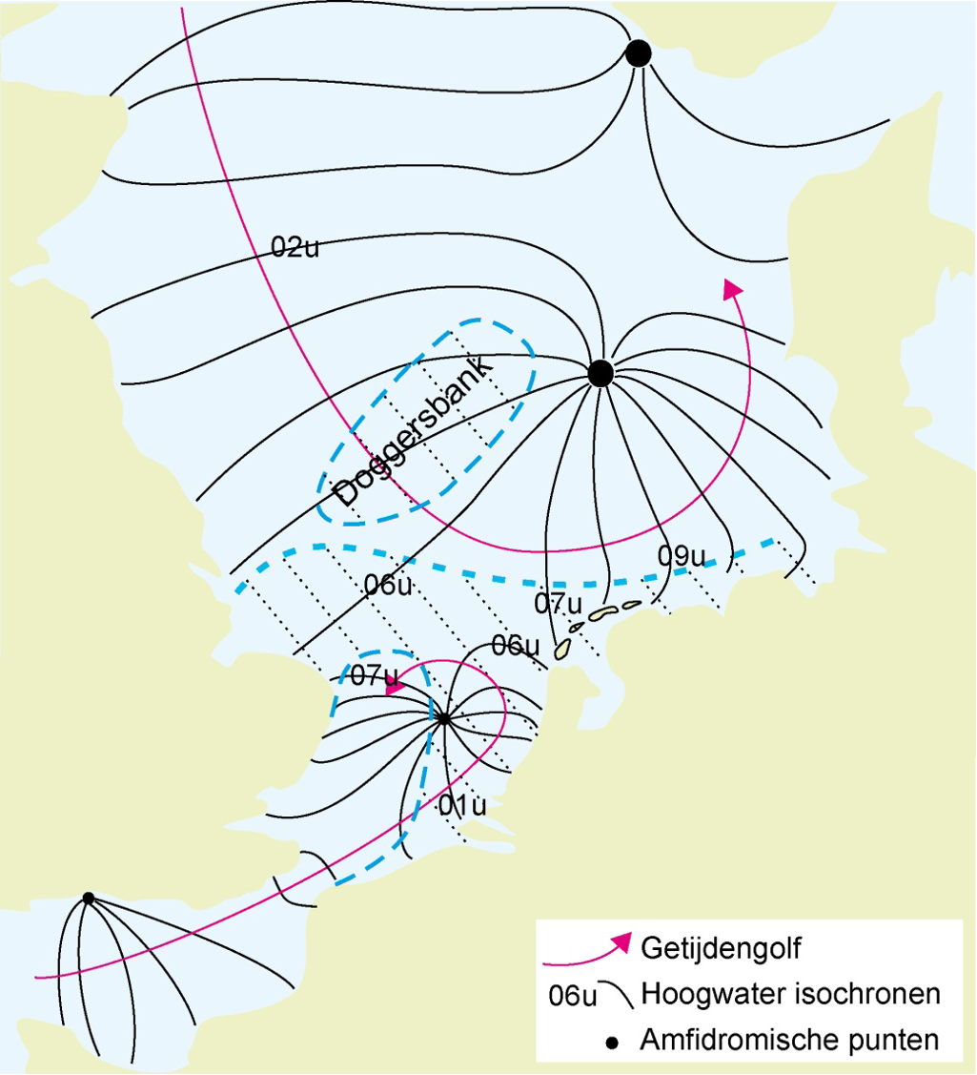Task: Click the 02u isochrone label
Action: click(295, 248)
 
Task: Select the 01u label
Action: click(462, 805)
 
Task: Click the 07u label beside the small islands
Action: click(558, 604)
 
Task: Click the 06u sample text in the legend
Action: click(573, 997)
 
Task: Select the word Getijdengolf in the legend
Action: click(722, 948)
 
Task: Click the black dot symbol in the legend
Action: click(612, 1042)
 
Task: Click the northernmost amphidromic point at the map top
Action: click(639, 53)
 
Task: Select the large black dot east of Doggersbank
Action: click(600, 374)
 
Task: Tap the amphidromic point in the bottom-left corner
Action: click(88, 898)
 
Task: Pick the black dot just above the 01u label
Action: click(443, 719)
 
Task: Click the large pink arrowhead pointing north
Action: click(733, 289)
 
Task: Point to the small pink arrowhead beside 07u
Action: click(392, 680)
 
